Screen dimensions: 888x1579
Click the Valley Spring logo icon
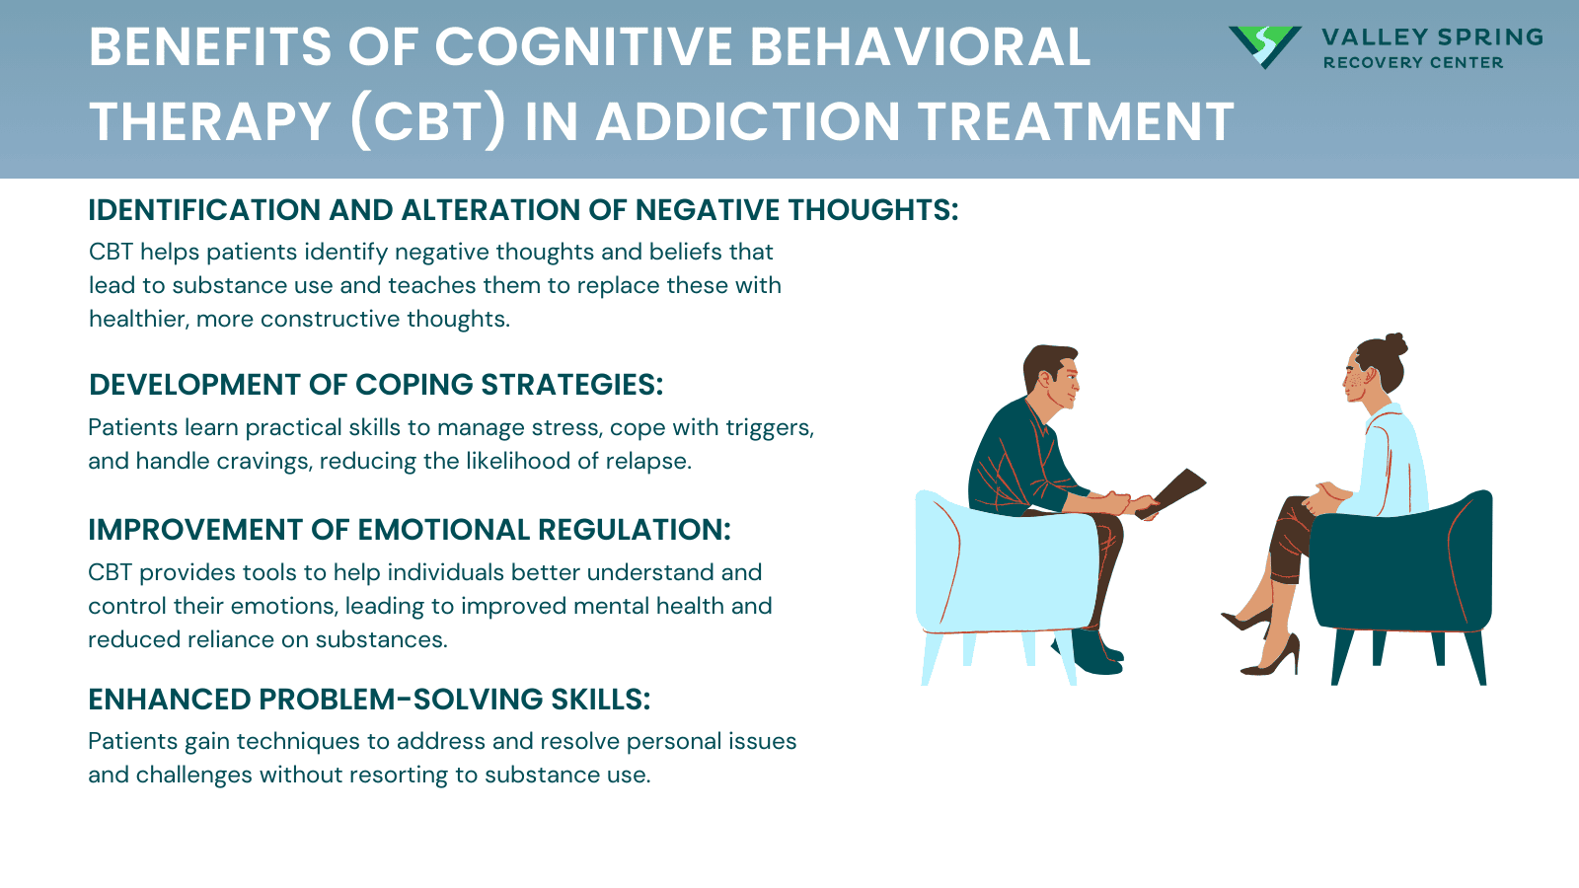(x=1263, y=45)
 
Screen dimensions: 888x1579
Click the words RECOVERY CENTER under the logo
(x=1412, y=63)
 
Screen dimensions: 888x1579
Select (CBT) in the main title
(x=427, y=122)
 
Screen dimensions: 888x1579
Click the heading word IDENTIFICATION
(x=204, y=210)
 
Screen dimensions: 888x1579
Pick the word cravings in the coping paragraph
(x=270, y=461)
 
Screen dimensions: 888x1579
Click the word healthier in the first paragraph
(x=137, y=319)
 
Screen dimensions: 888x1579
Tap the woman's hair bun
(x=1394, y=344)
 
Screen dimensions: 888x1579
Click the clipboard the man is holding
(x=1174, y=491)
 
